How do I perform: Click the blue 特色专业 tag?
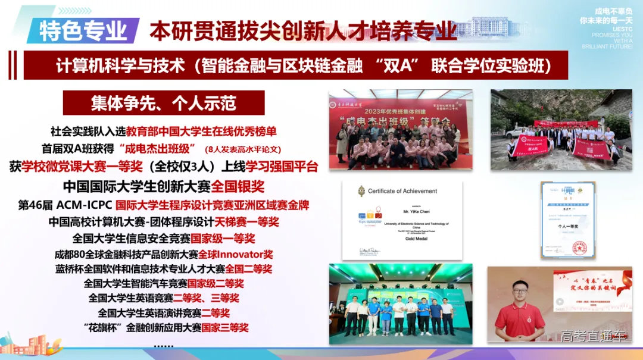coord(83,31)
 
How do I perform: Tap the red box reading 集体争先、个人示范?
coord(164,102)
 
